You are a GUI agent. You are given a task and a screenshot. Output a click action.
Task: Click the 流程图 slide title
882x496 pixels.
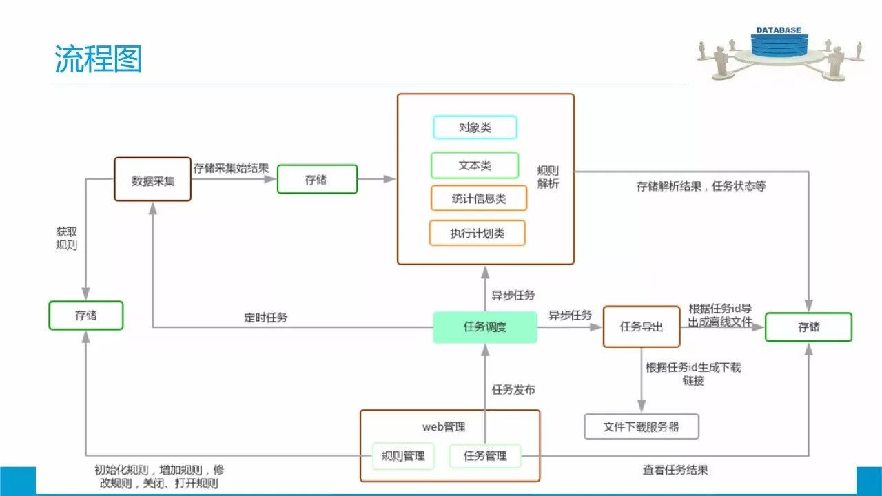tap(98, 60)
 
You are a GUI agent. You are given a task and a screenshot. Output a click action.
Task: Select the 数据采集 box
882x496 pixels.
tap(152, 180)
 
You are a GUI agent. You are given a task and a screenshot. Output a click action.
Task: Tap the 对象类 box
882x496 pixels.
tap(475, 127)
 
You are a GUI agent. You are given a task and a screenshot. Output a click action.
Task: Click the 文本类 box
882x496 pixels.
tap(475, 165)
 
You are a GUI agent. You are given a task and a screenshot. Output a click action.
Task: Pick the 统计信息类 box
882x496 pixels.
tap(479, 198)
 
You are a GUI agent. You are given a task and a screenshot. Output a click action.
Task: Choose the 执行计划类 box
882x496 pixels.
tap(477, 233)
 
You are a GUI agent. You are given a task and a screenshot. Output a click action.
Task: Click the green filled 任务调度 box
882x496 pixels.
tap(485, 327)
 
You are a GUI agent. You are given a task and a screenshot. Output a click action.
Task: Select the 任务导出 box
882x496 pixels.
tap(642, 327)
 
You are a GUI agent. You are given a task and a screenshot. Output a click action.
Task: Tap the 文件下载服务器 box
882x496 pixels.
tap(641, 426)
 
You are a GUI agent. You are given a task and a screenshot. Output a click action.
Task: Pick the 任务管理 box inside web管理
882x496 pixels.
tap(485, 455)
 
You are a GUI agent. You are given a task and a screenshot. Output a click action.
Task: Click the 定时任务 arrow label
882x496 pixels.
tap(266, 318)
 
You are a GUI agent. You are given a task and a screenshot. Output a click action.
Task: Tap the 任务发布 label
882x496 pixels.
tap(513, 390)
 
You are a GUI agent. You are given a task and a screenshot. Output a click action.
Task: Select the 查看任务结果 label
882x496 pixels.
tap(675, 470)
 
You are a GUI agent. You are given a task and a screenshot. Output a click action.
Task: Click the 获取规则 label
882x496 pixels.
tap(67, 238)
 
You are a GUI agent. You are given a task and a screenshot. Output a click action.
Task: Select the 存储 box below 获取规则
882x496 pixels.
tap(86, 316)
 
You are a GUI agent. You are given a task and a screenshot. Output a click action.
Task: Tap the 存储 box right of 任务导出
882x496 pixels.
tap(808, 327)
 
